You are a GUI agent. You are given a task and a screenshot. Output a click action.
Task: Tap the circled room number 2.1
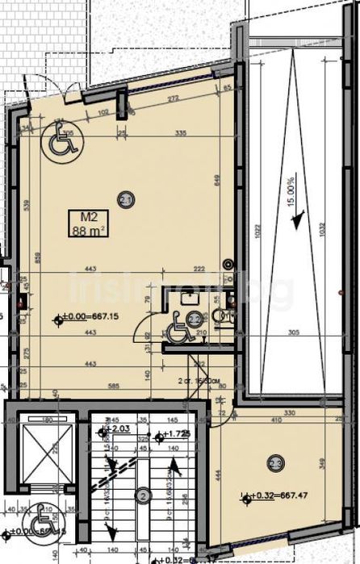point(125,198)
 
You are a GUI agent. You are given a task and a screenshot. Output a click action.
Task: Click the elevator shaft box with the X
point(40,457)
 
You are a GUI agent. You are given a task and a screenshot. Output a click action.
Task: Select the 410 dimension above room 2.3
point(277,420)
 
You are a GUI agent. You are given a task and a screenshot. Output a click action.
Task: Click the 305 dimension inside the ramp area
point(294,332)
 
